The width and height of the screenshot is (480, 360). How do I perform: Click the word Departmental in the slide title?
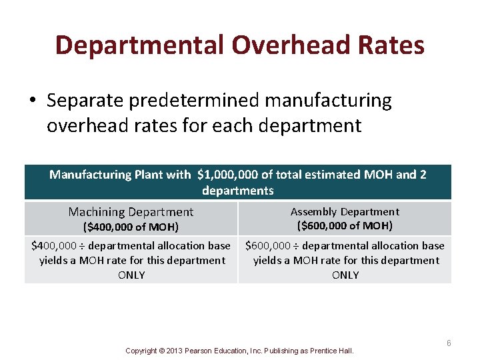140,46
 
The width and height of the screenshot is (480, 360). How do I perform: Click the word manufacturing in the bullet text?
329,101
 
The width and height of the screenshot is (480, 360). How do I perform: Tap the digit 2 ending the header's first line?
423,175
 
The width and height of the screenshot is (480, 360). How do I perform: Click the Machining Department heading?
131,212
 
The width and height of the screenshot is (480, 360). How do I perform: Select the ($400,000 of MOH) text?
131,227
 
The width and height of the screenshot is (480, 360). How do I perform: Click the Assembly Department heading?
345,211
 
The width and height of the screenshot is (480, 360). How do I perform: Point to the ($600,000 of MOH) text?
345,226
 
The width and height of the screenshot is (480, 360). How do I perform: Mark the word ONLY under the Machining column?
131,275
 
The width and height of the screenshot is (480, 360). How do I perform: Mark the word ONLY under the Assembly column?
345,275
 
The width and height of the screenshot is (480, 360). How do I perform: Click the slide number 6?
449,343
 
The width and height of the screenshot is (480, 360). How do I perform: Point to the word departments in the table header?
238,191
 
